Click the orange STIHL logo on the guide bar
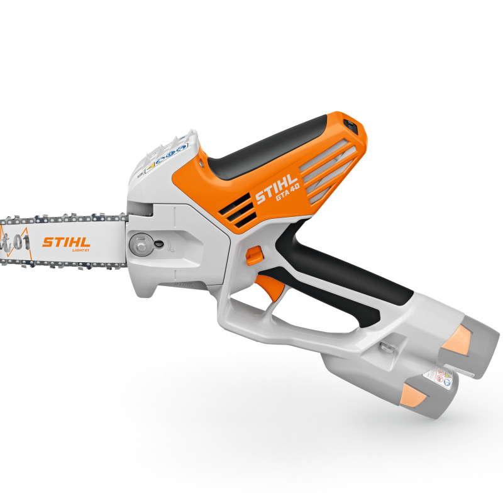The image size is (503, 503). (x=66, y=241)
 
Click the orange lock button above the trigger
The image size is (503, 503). (x=253, y=255)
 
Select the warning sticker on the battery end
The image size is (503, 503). (x=436, y=377)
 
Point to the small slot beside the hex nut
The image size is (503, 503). (x=160, y=244)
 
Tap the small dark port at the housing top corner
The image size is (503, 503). (x=351, y=126)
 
